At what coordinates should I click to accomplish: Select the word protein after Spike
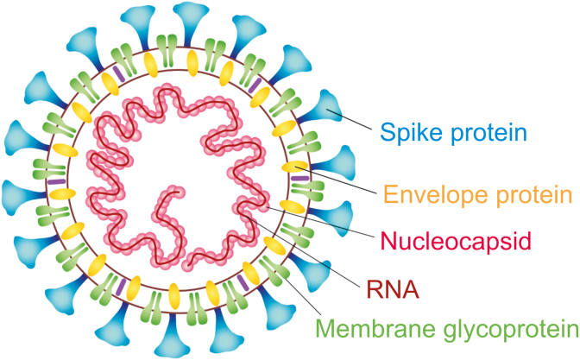pos(489,132)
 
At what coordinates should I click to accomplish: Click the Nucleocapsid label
pos(456,241)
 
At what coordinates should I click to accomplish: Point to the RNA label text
pos(393,289)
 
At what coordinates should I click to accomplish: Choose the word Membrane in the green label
pos(375,328)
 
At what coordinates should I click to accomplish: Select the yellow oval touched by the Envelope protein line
pos(295,167)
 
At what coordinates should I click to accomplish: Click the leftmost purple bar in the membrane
pos(57,181)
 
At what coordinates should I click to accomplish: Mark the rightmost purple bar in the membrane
pos(300,179)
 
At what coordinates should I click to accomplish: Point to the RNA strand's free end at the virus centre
pos(180,192)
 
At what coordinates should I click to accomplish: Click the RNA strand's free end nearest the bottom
pos(188,264)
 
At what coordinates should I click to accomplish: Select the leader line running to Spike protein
pos(350,119)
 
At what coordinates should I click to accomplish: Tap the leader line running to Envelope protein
pos(336,180)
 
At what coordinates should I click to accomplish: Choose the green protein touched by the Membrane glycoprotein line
pos(274,269)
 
